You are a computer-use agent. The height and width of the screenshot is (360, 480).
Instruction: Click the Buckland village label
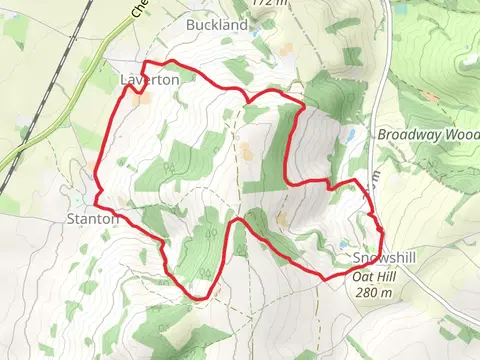point(217,24)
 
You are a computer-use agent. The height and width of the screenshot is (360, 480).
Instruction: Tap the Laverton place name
point(149,78)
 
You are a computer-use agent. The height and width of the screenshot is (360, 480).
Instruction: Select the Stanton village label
point(93,217)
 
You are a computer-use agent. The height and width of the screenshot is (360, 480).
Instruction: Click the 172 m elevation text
point(264,3)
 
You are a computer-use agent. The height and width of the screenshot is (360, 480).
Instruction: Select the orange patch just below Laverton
point(141,99)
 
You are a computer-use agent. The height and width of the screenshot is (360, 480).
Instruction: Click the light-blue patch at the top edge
point(402,9)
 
